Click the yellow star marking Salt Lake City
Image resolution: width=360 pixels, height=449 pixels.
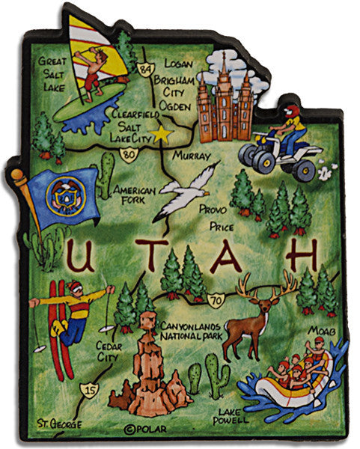coord(159,135)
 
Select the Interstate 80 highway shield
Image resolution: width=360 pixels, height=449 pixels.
coord(130,155)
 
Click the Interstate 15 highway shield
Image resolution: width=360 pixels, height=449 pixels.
coord(91,388)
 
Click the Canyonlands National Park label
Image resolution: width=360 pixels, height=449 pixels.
coord(194,331)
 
